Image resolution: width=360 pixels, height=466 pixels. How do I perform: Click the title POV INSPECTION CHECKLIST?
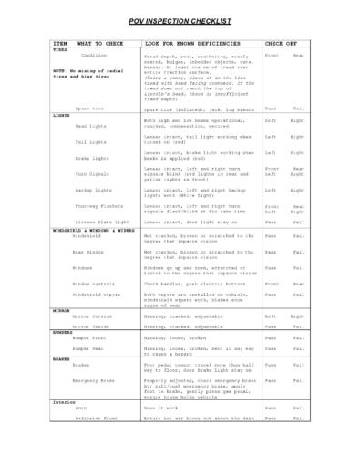point(180,20)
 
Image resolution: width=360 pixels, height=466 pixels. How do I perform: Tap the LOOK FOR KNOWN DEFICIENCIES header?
point(188,43)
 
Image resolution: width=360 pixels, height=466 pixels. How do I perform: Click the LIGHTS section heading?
point(61,116)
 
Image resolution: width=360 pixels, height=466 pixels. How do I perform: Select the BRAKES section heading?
point(61,358)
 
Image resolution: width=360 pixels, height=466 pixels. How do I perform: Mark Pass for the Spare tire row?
point(270,109)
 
